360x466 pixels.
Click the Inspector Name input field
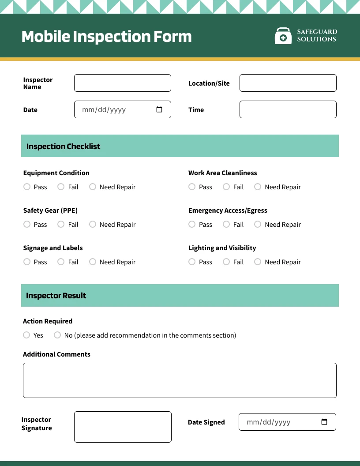coord(122,83)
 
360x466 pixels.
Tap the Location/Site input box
coord(288,83)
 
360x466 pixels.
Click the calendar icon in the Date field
coord(159,109)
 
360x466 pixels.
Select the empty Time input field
coord(288,109)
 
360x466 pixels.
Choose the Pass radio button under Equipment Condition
coord(27,187)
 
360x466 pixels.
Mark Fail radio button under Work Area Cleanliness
coord(226,187)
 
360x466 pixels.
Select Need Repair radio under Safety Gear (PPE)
coord(93,224)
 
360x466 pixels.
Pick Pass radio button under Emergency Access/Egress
coord(192,224)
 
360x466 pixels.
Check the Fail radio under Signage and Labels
coord(61,262)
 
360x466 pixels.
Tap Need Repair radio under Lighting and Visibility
coord(258,262)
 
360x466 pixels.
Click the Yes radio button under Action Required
coord(26,335)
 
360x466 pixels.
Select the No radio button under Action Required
coord(57,335)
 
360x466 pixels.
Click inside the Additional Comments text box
coord(180,380)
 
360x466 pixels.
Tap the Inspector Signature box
coord(123,427)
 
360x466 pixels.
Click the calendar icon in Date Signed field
coord(324,422)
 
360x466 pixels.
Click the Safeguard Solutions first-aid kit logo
coord(283,36)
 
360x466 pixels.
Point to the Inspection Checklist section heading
coord(64,146)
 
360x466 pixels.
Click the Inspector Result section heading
coord(56,295)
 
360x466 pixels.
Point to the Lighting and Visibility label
coord(222,248)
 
